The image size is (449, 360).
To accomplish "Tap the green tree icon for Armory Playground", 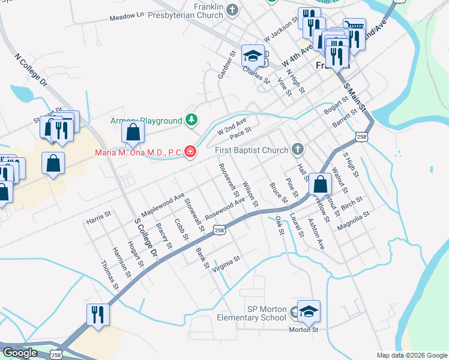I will [191, 121].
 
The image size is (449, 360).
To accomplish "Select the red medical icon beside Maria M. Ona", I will [190, 152].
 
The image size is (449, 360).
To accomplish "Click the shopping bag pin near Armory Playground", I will [133, 133].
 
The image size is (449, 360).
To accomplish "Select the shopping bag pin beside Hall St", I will [321, 186].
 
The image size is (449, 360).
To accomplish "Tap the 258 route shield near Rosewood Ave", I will [220, 230].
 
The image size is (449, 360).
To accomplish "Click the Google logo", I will [20, 352].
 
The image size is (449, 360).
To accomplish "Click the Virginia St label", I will [226, 263].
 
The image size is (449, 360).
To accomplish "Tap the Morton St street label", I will [304, 329].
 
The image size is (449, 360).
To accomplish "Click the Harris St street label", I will [100, 214].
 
